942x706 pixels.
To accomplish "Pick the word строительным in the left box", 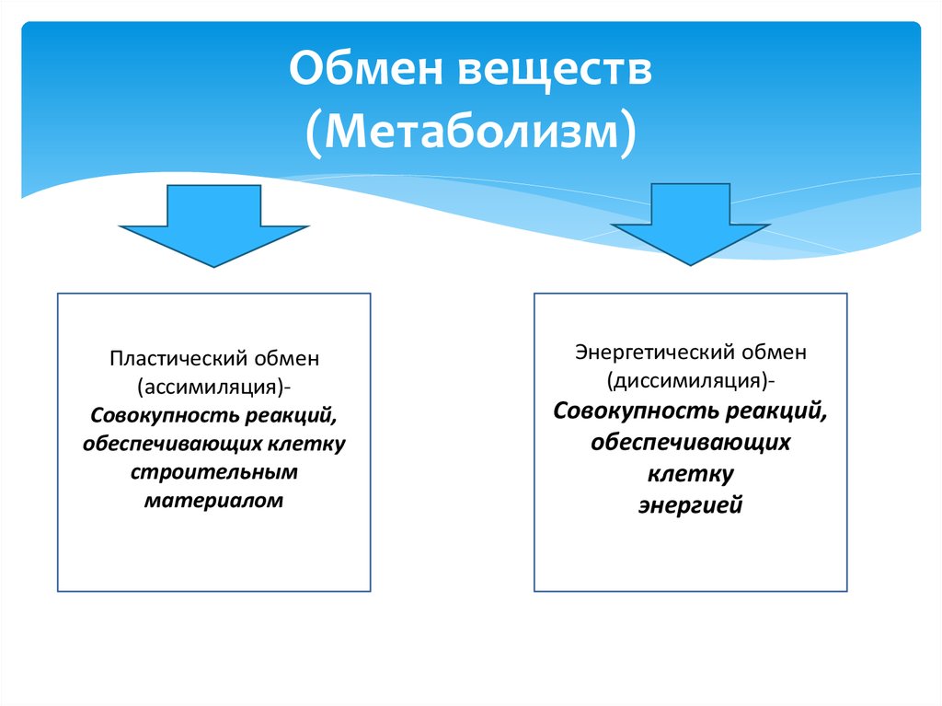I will coord(214,473).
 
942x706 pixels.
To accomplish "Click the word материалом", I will coord(214,502).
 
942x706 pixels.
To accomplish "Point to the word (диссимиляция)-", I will coord(690,380).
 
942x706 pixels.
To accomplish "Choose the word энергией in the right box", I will coord(690,505).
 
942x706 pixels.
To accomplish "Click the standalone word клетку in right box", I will coord(690,474).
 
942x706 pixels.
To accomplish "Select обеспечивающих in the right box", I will coord(690,443).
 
